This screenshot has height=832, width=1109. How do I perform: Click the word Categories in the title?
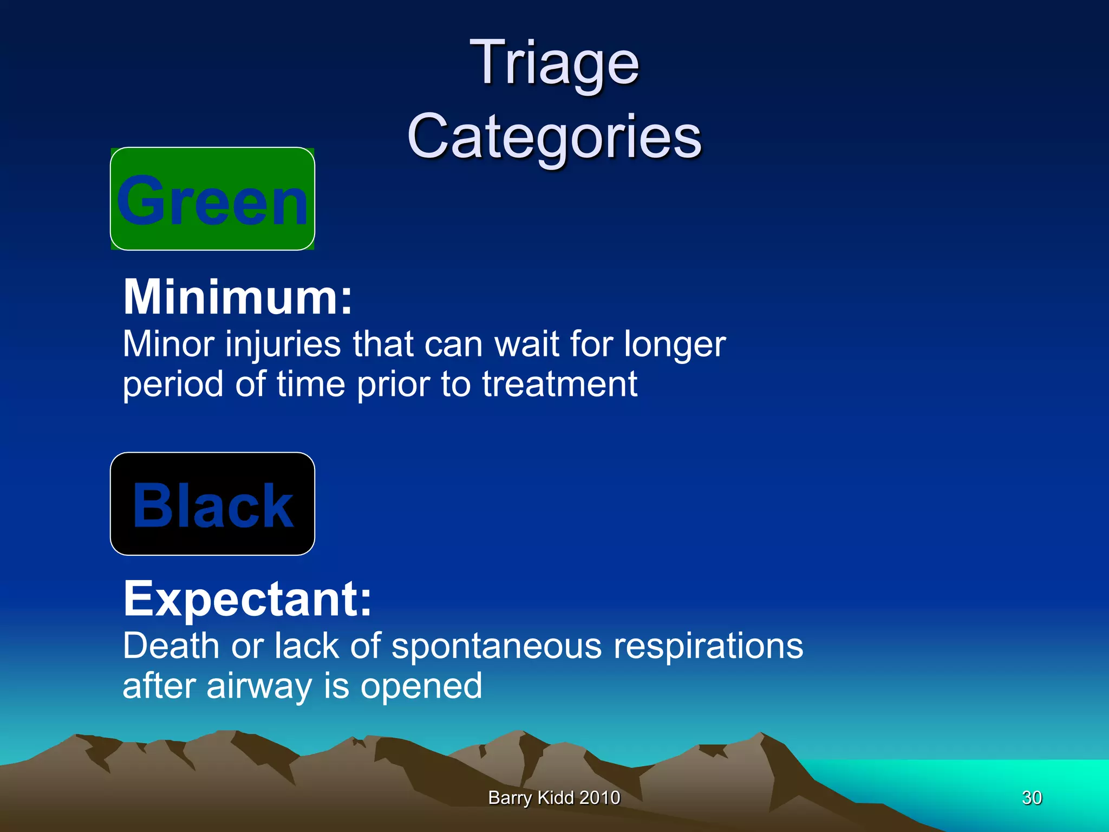pos(554,136)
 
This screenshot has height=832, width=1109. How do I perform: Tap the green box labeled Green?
pos(212,199)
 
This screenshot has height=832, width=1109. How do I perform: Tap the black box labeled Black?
pos(212,504)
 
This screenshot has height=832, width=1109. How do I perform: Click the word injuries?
pos(283,344)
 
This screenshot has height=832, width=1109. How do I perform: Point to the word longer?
pos(674,346)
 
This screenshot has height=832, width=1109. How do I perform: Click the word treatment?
pos(559,385)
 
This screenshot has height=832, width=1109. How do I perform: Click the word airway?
pos(259,687)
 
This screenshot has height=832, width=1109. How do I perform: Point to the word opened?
pos(421,687)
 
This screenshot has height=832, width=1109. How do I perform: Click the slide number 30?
pos(1032,797)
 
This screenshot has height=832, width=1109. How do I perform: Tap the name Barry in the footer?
pos(510,798)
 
